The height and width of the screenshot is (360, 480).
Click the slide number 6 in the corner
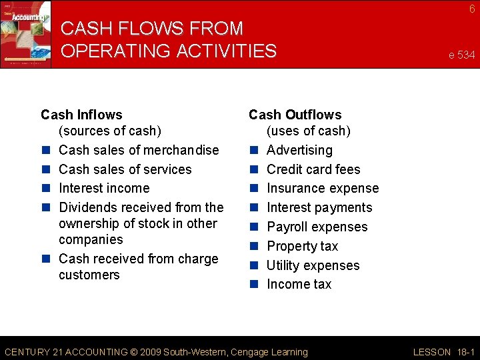[472, 9]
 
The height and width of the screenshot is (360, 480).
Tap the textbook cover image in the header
[25, 33]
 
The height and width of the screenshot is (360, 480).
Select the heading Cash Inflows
[81, 115]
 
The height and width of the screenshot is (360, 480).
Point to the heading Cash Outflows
[295, 115]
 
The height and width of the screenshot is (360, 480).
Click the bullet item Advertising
[299, 150]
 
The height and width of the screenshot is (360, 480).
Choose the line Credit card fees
[313, 169]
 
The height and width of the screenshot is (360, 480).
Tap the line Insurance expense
[322, 189]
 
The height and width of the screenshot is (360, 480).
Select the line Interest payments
[319, 208]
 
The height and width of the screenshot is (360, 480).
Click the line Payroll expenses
[317, 227]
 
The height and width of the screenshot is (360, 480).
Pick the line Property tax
[302, 246]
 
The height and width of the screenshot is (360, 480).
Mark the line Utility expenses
[313, 265]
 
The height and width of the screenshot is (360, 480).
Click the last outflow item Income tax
[299, 284]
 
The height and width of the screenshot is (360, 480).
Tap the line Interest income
[104, 188]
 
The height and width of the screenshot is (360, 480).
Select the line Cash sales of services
[125, 169]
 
